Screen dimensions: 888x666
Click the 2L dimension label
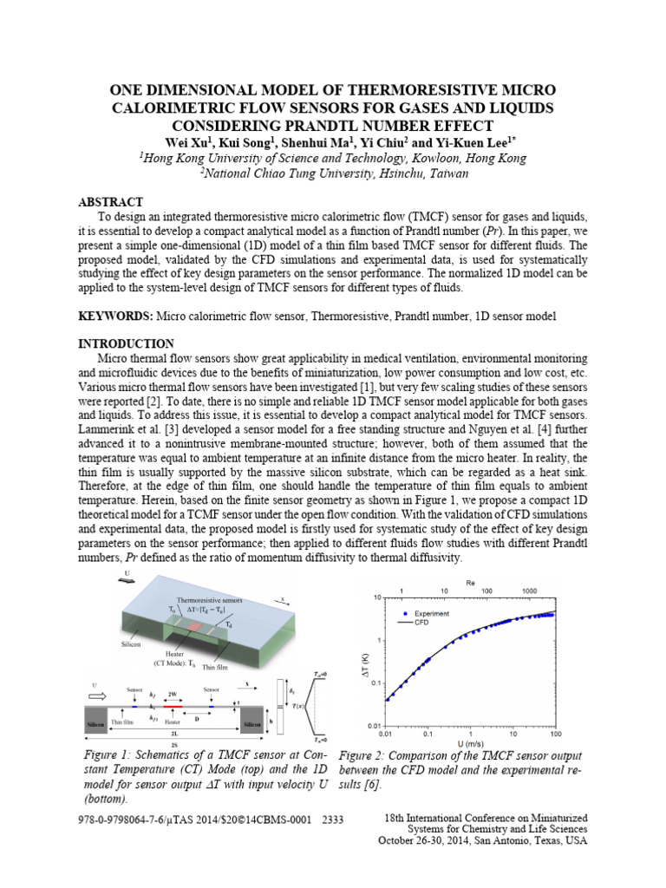click(174, 734)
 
